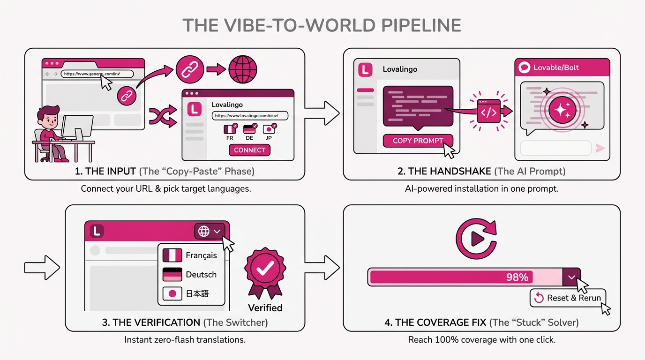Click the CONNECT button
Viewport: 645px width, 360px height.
coord(249,150)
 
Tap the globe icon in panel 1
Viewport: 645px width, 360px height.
coord(243,70)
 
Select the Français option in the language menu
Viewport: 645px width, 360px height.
coord(191,255)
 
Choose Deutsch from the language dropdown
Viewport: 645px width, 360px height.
coord(191,275)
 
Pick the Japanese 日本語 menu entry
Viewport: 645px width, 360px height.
coord(191,294)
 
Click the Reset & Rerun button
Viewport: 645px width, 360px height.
coord(568,298)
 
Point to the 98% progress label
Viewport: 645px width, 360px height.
coord(517,277)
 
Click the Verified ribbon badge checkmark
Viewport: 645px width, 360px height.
coord(265,268)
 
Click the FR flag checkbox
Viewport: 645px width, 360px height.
coord(230,129)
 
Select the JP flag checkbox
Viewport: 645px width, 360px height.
coord(269,129)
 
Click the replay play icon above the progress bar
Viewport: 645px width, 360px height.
coord(476,239)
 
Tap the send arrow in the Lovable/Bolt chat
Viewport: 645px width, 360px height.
coord(600,149)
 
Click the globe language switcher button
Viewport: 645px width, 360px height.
coord(209,231)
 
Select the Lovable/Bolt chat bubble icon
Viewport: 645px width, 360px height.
coord(524,68)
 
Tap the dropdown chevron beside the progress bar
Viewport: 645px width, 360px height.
coord(571,277)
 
